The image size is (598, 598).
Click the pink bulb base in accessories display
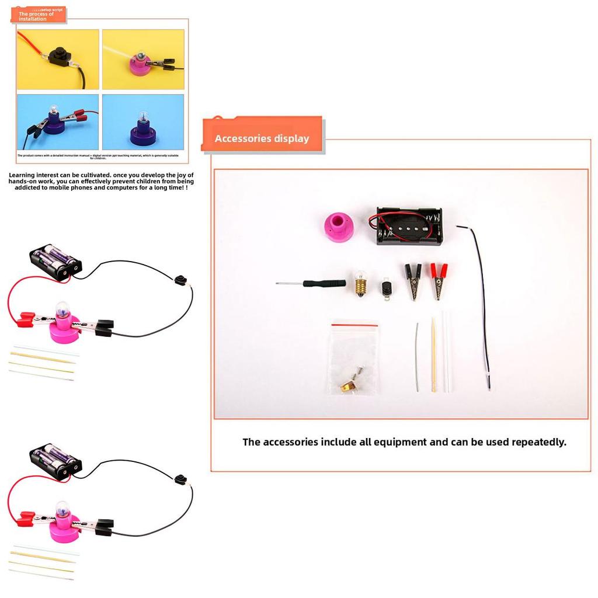[338, 227]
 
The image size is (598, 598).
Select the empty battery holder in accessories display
[409, 226]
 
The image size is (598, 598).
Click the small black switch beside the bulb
[386, 288]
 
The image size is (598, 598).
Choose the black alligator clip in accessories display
[413, 281]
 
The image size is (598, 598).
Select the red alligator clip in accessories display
[438, 280]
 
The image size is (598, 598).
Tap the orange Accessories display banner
[262, 138]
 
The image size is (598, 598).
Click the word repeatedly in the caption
[538, 442]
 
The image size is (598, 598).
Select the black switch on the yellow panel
[58, 57]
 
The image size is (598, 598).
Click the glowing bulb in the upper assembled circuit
[62, 311]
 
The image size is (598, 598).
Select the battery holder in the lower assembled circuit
[55, 461]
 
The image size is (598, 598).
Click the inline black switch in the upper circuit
[180, 280]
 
